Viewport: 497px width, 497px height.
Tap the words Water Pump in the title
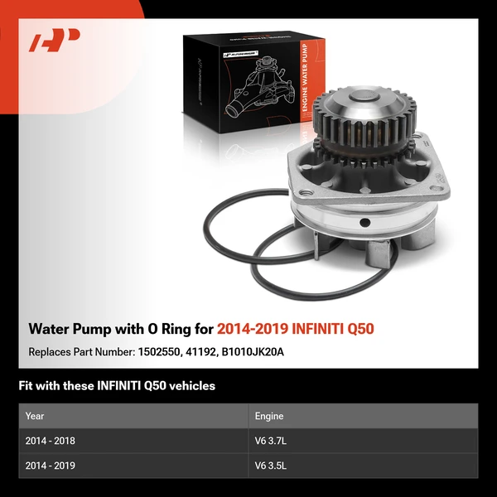(65, 329)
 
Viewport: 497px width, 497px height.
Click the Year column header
(35, 416)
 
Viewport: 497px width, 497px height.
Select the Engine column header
(269, 416)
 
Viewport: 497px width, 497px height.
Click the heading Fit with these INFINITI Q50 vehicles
(117, 386)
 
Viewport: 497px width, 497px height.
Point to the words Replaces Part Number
(80, 351)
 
